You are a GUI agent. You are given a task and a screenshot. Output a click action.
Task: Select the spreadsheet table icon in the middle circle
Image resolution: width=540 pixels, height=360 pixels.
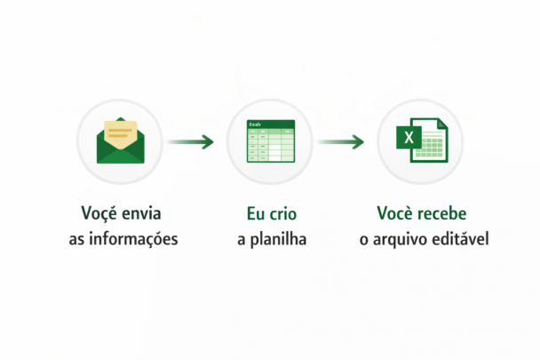pos(270,142)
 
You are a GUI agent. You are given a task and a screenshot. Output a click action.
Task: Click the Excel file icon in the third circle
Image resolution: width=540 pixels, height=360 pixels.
pos(421,142)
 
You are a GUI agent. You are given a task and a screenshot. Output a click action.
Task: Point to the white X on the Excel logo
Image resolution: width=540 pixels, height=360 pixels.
pos(409,139)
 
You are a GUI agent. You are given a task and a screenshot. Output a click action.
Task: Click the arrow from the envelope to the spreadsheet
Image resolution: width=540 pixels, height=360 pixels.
pos(192,141)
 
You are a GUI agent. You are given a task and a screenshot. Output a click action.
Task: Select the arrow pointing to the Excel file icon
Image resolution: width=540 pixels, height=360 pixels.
pos(342,141)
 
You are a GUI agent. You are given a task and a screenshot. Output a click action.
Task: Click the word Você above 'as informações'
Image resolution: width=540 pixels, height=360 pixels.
pos(98,214)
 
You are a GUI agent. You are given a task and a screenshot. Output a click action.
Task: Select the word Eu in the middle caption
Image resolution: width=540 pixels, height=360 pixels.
pos(255,214)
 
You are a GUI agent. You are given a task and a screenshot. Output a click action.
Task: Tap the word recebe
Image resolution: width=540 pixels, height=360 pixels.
pos(440,214)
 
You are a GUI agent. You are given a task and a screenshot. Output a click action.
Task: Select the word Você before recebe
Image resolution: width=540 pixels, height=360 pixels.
pos(394,214)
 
